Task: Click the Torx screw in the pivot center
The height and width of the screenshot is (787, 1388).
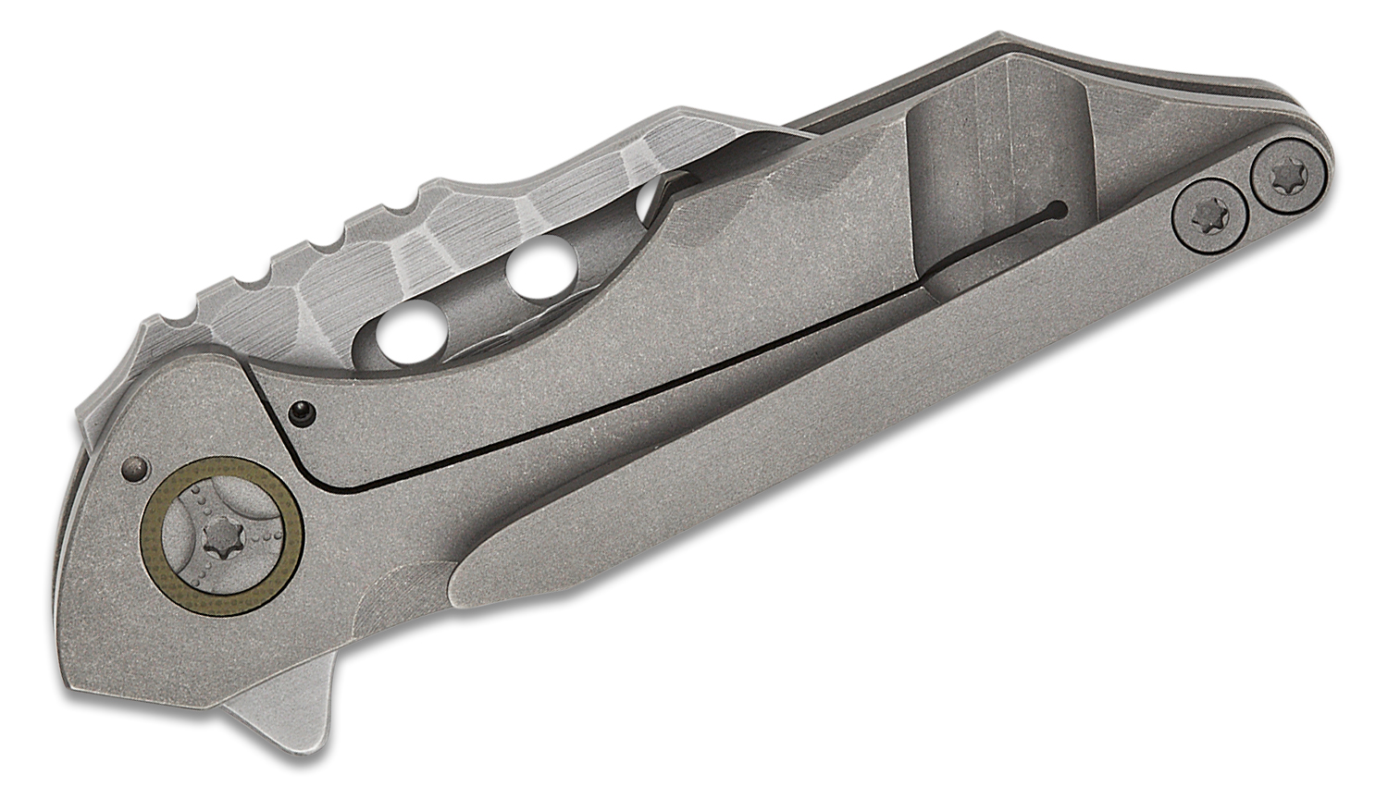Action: [x=221, y=535]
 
